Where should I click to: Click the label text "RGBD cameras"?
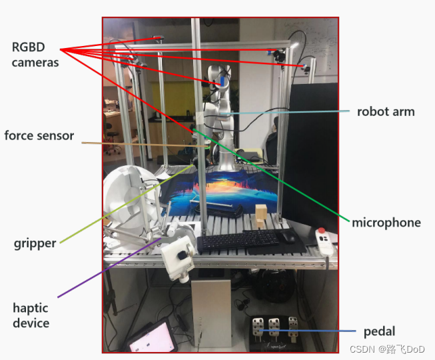click(x=35, y=55)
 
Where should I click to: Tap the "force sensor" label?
click(x=39, y=136)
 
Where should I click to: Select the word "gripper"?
click(x=35, y=243)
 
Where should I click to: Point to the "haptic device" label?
click(x=31, y=315)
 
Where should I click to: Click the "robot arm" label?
click(x=386, y=111)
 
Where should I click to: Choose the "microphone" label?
click(x=386, y=223)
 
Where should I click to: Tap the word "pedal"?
click(x=379, y=331)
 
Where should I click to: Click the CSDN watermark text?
click(x=387, y=349)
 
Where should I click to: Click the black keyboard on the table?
click(x=238, y=241)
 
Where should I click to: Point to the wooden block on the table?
click(x=262, y=216)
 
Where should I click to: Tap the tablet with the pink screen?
click(x=152, y=339)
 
